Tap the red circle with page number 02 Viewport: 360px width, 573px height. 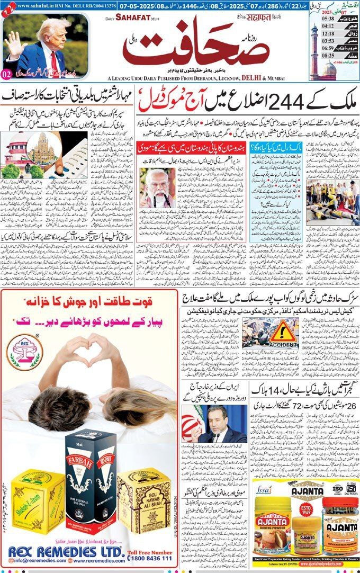[8, 73]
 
